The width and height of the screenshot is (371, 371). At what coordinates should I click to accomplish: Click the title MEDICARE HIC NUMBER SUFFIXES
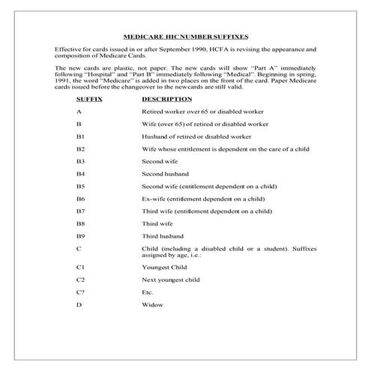[185, 36]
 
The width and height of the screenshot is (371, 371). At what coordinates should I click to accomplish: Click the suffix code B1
[80, 136]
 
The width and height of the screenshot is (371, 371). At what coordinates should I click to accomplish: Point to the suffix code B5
[80, 186]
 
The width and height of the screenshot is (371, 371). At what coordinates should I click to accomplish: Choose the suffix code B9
[80, 235]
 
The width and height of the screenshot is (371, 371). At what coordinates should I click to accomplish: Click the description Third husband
[162, 235]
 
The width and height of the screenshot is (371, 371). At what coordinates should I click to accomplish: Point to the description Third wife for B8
[157, 223]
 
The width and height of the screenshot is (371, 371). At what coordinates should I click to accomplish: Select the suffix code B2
[80, 149]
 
